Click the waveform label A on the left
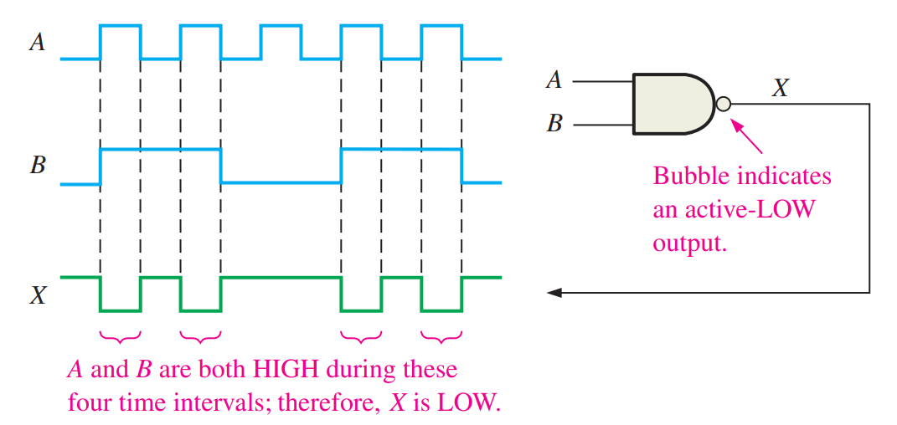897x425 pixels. point(37,42)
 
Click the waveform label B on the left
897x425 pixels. point(37,165)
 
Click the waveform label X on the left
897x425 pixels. point(37,294)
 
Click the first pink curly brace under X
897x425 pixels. point(120,337)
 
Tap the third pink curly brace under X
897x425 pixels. point(361,337)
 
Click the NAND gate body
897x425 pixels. point(670,104)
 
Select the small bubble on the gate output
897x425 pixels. point(724,105)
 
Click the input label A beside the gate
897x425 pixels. point(554,81)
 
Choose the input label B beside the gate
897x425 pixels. point(554,125)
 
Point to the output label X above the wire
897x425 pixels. point(779,87)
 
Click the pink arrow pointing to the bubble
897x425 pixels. point(749,136)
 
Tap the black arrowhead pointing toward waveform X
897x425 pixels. point(554,293)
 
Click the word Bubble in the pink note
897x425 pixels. point(688,177)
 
